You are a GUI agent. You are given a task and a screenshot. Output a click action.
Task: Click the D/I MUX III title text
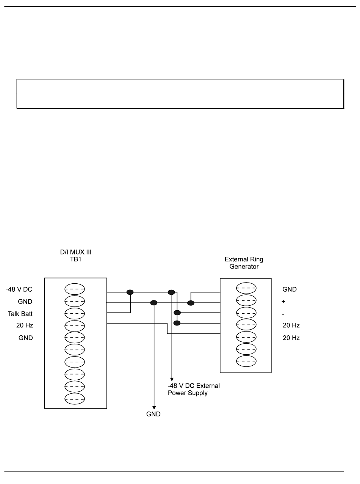(75, 252)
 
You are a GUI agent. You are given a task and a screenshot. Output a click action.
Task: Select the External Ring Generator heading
(244, 263)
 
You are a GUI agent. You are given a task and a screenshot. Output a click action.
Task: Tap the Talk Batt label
(20, 314)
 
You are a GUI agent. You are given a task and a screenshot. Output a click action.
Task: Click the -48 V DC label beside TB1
(19, 289)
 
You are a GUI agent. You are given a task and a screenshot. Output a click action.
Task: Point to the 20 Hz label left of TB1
(25, 325)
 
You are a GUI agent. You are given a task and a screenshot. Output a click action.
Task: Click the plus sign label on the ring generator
(283, 302)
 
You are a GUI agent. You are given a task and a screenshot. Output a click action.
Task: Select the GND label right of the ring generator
(290, 289)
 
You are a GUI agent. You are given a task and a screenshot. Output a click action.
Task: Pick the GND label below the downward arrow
(153, 414)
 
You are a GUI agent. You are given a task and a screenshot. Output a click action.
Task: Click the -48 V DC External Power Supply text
(194, 389)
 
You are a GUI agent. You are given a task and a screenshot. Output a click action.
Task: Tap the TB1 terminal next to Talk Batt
(75, 314)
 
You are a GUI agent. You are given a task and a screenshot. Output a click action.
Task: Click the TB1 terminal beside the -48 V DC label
(75, 289)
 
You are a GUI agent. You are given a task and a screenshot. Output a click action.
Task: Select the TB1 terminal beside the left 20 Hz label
(75, 326)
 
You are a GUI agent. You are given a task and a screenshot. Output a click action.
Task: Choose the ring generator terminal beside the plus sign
(246, 300)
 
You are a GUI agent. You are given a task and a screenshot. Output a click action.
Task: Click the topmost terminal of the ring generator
(246, 288)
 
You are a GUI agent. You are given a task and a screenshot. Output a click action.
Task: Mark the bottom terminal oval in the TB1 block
(75, 399)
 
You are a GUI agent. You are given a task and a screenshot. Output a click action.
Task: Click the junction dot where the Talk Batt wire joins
(130, 292)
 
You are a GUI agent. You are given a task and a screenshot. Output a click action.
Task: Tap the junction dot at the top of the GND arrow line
(153, 303)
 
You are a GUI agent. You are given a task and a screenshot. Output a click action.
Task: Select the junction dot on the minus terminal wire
(177, 313)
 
